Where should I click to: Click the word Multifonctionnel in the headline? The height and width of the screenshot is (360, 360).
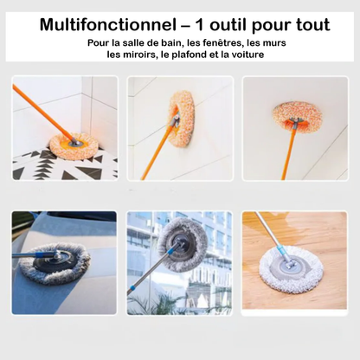tap(108, 24)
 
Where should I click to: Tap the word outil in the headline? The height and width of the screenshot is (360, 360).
tap(228, 24)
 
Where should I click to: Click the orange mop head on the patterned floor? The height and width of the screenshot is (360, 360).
tap(74, 145)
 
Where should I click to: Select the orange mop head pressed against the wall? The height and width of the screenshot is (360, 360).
tap(182, 118)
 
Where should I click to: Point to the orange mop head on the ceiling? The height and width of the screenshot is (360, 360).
tap(297, 117)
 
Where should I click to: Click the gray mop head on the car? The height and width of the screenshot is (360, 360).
tap(55, 263)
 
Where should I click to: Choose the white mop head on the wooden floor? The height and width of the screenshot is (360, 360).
tap(292, 269)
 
